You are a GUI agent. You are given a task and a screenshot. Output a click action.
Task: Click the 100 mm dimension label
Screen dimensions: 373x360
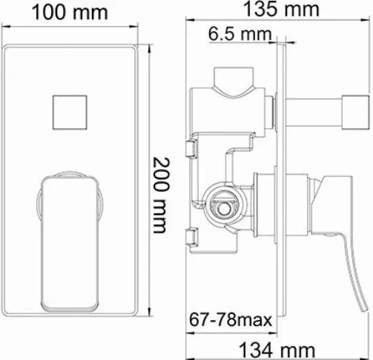click(70, 13)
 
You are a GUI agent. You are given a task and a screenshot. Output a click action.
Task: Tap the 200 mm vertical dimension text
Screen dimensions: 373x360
click(161, 195)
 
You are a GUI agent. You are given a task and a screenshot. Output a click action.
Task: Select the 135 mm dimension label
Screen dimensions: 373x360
click(282, 9)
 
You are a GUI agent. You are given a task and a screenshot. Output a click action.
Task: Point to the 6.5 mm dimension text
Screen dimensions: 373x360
click(240, 33)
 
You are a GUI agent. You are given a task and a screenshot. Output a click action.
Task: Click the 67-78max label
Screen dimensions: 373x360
click(231, 319)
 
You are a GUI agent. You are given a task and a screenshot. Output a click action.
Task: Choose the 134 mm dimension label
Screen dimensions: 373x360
click(277, 350)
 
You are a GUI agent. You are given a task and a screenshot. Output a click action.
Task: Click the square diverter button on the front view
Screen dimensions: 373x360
click(70, 113)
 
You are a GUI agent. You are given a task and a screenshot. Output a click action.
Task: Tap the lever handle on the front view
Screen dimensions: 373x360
click(70, 243)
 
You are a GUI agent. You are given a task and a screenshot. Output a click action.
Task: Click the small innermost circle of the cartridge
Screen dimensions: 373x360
click(223, 209)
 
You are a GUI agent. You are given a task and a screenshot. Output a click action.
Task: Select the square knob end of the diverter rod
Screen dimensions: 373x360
click(355, 112)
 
